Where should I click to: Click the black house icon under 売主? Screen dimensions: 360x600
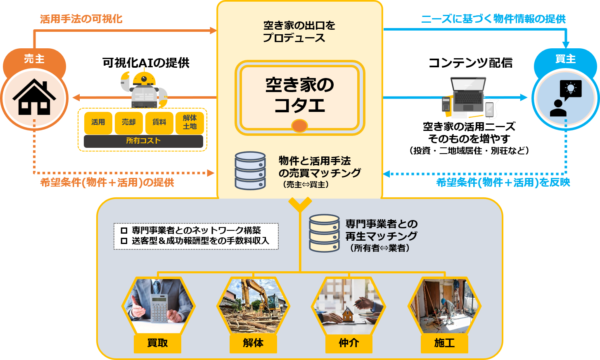click(x=34, y=98)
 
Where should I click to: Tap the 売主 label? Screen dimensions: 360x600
click(x=34, y=59)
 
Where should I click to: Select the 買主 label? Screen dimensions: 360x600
click(x=565, y=59)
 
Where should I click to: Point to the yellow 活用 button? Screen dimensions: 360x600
click(x=98, y=122)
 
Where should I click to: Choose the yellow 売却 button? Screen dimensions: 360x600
click(x=128, y=122)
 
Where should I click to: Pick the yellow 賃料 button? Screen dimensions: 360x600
click(x=159, y=122)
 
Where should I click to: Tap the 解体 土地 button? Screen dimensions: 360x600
click(x=190, y=122)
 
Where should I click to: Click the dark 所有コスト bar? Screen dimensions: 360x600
click(x=143, y=141)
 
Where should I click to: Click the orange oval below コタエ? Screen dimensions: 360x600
click(x=299, y=126)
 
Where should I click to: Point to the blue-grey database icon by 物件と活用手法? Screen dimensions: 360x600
click(x=250, y=171)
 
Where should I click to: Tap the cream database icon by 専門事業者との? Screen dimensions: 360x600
click(x=324, y=233)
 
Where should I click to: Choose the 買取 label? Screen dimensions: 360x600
click(x=157, y=343)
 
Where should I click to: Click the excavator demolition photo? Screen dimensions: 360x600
click(x=253, y=306)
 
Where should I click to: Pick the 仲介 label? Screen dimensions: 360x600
click(x=349, y=343)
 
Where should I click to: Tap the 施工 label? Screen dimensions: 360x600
click(x=444, y=343)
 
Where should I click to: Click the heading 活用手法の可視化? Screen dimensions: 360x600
click(x=81, y=19)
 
